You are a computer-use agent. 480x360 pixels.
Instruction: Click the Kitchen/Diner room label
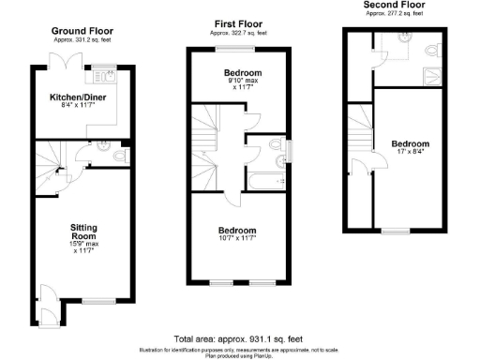pyautogui.click(x=75, y=97)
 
